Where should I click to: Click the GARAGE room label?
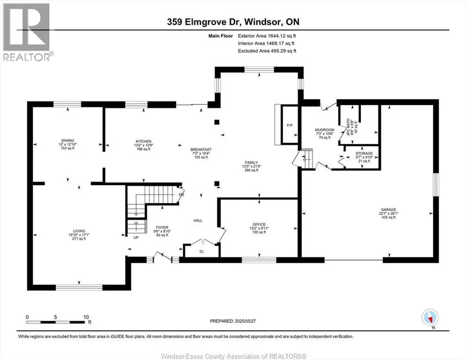pos(389,209)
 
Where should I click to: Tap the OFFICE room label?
pos(259,225)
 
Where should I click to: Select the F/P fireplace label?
pos(289,125)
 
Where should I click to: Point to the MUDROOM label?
pos(325,130)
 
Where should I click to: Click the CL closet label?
pos(202,251)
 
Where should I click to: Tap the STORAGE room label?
pos(364,153)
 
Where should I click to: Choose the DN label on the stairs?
pos(181,195)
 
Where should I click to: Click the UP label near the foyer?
pos(136,238)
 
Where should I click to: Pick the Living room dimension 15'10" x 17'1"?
pos(79,235)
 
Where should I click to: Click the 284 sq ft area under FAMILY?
pos(251,170)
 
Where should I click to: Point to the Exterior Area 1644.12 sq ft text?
pos(267,36)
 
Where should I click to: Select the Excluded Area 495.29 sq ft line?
pos(267,51)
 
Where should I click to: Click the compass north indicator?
pos(430,318)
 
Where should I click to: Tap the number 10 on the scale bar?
pos(86,317)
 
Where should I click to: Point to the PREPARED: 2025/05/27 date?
pos(233,321)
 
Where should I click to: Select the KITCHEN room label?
pos(143,142)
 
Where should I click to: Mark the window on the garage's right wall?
pos(435,185)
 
